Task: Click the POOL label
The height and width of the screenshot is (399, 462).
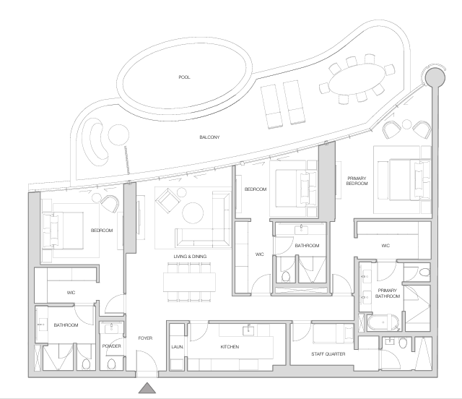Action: click(184, 77)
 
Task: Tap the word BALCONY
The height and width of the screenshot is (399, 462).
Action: click(209, 137)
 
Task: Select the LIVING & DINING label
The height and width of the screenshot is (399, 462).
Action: click(190, 257)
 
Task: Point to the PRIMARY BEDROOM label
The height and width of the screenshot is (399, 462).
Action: click(357, 181)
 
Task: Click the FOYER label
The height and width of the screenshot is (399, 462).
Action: click(145, 338)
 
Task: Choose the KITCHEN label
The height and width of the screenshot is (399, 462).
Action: click(230, 347)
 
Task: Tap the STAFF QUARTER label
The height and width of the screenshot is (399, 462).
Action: click(328, 354)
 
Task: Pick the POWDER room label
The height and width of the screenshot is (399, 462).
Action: click(112, 346)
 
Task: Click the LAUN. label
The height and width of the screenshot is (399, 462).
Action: click(178, 347)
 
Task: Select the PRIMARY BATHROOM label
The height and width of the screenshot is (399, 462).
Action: click(388, 293)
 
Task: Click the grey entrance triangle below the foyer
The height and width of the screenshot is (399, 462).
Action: click(147, 387)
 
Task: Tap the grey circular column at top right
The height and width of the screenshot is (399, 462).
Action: click(435, 77)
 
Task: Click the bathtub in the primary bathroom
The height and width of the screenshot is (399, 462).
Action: click(383, 323)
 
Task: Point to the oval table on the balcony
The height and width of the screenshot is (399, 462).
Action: click(357, 79)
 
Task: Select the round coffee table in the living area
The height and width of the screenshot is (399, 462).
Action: click(193, 213)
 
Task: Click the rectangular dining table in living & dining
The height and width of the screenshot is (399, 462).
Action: click(189, 283)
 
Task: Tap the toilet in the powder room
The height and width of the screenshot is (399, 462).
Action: click(111, 364)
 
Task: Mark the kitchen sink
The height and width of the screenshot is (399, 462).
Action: click(248, 331)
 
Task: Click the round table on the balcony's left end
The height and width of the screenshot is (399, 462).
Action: click(118, 134)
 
